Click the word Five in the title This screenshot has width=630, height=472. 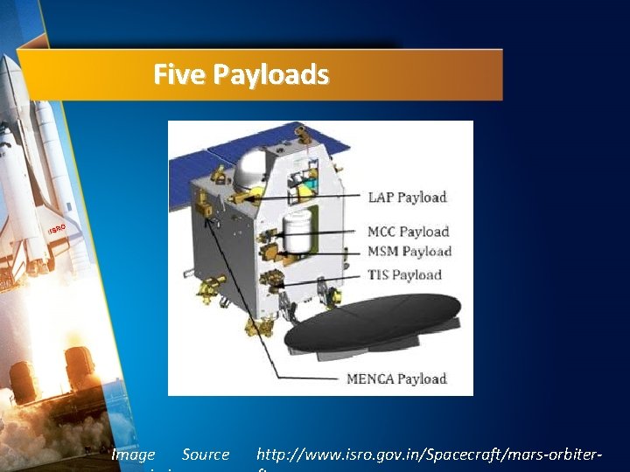[172, 75]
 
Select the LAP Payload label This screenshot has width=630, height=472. [407, 198]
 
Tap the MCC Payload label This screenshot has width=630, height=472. [408, 232]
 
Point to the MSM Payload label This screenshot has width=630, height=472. [409, 252]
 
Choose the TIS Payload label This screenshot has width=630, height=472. [404, 275]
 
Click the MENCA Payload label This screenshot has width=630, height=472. [396, 378]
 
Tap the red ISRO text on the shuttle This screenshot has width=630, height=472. [57, 230]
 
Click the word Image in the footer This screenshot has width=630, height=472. [133, 455]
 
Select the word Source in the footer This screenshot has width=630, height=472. [206, 455]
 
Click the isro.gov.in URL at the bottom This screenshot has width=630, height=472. [430, 455]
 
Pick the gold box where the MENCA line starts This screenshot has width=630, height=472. [206, 210]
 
